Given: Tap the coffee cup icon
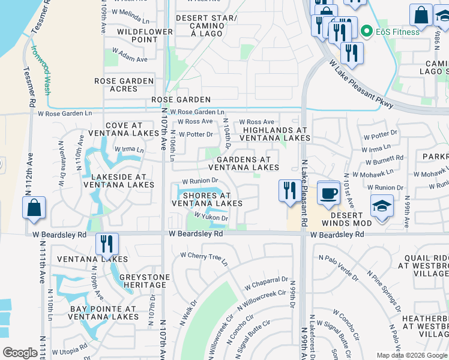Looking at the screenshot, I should pyautogui.click(x=328, y=193).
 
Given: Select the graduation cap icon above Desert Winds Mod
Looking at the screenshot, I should pyautogui.click(x=382, y=206).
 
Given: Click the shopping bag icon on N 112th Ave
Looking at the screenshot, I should pyautogui.click(x=34, y=208).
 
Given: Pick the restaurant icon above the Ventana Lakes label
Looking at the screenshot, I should pyautogui.click(x=107, y=244).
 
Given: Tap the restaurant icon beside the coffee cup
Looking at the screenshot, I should pyautogui.click(x=291, y=191).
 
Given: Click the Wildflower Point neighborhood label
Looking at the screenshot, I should pyautogui.click(x=137, y=35).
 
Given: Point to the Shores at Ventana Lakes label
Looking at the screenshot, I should pyautogui.click(x=206, y=199).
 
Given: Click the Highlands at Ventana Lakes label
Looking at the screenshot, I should pyautogui.click(x=274, y=134).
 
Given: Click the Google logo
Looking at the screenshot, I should pyautogui.click(x=20, y=353).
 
